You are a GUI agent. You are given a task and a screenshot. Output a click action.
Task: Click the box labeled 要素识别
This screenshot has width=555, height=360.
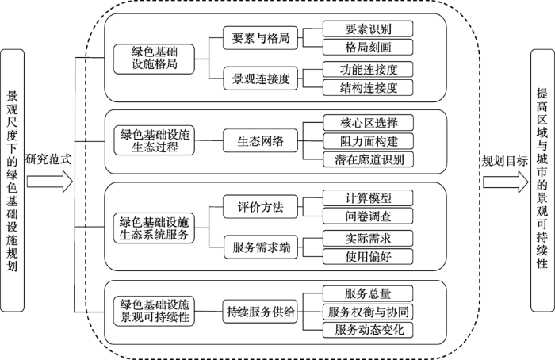point(368,29)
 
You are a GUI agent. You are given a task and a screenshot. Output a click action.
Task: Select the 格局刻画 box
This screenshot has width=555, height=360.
point(368,47)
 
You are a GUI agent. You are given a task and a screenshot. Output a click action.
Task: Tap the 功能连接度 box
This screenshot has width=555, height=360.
point(368,69)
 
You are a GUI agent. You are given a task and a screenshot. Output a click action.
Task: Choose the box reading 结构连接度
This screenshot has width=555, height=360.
point(368,87)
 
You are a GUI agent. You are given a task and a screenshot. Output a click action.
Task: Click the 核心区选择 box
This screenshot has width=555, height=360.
point(368,123)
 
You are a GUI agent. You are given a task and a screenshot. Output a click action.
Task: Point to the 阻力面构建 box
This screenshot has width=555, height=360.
point(368,141)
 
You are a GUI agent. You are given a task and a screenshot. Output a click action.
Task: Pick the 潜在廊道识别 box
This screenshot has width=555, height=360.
point(368,159)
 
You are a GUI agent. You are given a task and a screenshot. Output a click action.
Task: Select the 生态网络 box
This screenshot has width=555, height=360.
point(260,141)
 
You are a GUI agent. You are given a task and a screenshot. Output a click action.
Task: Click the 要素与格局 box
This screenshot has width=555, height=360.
point(260,38)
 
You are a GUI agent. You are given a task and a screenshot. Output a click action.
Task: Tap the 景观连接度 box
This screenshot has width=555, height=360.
point(261,79)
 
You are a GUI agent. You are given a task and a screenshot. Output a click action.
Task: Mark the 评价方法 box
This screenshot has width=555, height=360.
point(260,207)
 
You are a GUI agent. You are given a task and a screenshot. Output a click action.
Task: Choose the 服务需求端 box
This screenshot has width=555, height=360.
point(261,247)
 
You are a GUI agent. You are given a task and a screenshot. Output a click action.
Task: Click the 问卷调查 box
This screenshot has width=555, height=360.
point(368,216)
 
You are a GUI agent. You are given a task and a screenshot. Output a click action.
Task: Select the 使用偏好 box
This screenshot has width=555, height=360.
point(368,256)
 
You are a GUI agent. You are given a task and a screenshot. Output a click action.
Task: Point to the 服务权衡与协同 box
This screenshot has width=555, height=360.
point(368,312)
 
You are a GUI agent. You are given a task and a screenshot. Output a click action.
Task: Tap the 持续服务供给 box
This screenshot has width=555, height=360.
point(260,312)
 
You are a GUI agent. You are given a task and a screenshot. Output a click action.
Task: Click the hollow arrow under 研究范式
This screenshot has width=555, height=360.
point(50,182)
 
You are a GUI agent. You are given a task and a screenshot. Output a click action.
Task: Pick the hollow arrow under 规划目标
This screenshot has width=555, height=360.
point(506,182)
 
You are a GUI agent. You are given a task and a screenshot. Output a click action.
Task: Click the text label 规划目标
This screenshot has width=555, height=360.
point(505,162)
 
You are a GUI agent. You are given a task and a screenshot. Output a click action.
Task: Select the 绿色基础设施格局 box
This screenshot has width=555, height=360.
point(154,59)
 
